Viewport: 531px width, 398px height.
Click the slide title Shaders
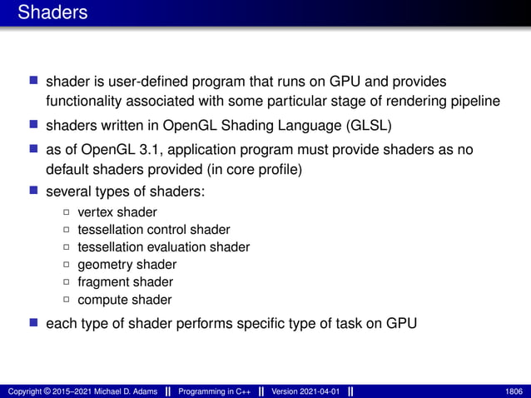[52, 13]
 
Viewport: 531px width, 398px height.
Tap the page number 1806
[514, 391]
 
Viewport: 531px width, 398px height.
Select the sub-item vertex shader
[117, 212]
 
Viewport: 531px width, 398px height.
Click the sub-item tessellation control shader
[154, 230]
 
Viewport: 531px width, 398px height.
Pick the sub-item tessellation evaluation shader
[164, 247]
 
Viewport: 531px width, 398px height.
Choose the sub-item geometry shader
[127, 265]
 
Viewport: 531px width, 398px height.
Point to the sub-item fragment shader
[126, 282]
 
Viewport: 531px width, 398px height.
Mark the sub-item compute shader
[125, 300]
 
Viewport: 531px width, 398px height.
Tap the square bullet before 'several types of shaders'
[34, 192]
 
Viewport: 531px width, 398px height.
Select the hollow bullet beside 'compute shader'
[67, 301]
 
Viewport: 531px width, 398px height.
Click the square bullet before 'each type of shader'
[34, 323]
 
